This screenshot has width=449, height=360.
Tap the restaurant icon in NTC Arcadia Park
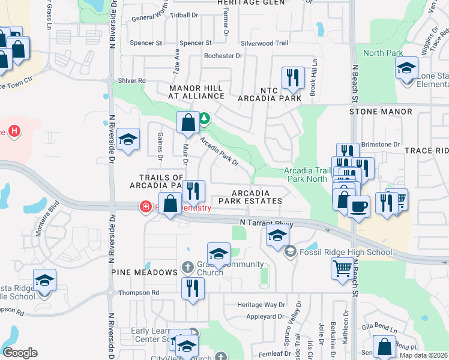click(293, 77)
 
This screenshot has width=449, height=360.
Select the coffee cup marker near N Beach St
click(359, 207)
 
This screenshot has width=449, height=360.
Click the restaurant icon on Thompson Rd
click(193, 288)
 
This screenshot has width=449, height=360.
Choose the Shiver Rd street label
click(132, 80)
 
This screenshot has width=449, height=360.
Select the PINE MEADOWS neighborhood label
click(144, 272)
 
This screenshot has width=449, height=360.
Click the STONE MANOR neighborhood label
click(381, 112)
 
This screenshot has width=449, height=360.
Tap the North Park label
click(383, 53)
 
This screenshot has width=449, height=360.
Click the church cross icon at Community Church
click(187, 266)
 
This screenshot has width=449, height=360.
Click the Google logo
click(20, 353)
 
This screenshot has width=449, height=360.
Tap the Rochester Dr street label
click(223, 56)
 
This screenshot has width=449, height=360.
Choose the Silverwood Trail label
click(265, 43)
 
